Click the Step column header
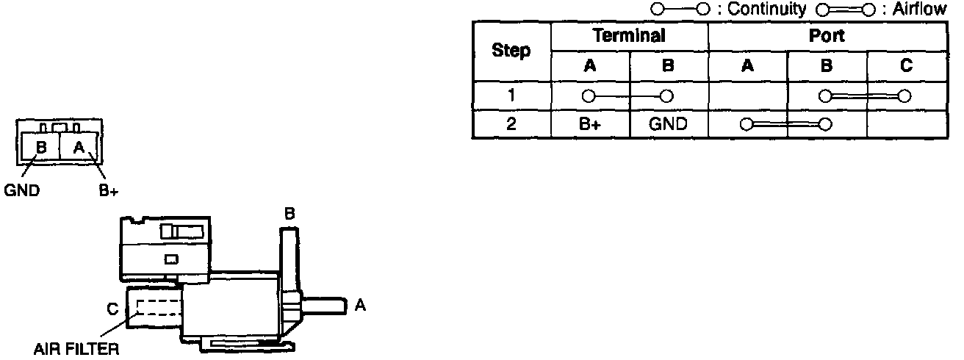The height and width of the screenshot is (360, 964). [511, 51]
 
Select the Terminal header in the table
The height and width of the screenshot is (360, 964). [629, 35]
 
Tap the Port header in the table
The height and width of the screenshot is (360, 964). [827, 35]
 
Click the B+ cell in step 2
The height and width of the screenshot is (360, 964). [590, 124]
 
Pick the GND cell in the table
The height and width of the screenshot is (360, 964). [668, 124]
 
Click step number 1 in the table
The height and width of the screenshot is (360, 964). [511, 96]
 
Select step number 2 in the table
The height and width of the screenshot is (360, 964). [511, 124]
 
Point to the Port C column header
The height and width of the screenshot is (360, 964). [906, 66]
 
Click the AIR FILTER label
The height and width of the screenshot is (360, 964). [76, 349]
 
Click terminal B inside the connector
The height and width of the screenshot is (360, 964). [41, 147]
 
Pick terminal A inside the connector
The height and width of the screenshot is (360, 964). [79, 147]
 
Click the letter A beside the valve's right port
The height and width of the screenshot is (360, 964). [359, 305]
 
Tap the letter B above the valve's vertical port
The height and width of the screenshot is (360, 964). [289, 214]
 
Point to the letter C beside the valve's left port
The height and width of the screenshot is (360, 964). [112, 310]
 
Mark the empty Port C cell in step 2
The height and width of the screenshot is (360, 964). [906, 124]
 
